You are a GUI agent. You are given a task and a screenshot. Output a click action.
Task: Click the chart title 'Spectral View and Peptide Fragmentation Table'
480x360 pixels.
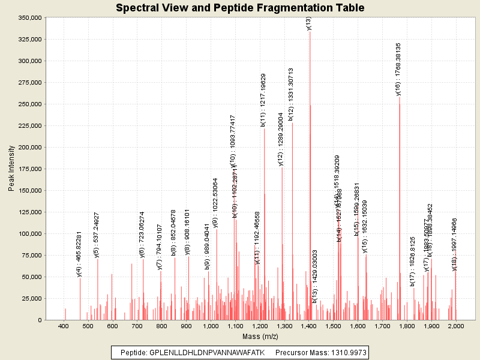(x=240, y=8)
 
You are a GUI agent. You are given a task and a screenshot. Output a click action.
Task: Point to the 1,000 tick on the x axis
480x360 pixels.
(x=211, y=326)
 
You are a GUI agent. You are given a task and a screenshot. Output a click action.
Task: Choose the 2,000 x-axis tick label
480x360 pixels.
(x=456, y=326)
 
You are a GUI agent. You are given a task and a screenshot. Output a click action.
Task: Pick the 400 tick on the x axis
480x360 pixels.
(x=63, y=326)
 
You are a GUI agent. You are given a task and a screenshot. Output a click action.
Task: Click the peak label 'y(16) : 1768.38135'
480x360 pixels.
(x=398, y=69)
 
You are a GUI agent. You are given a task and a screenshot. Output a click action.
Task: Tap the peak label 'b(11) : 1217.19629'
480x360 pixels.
(x=263, y=95)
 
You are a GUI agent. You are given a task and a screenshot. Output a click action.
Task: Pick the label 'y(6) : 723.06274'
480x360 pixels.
(x=142, y=234)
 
